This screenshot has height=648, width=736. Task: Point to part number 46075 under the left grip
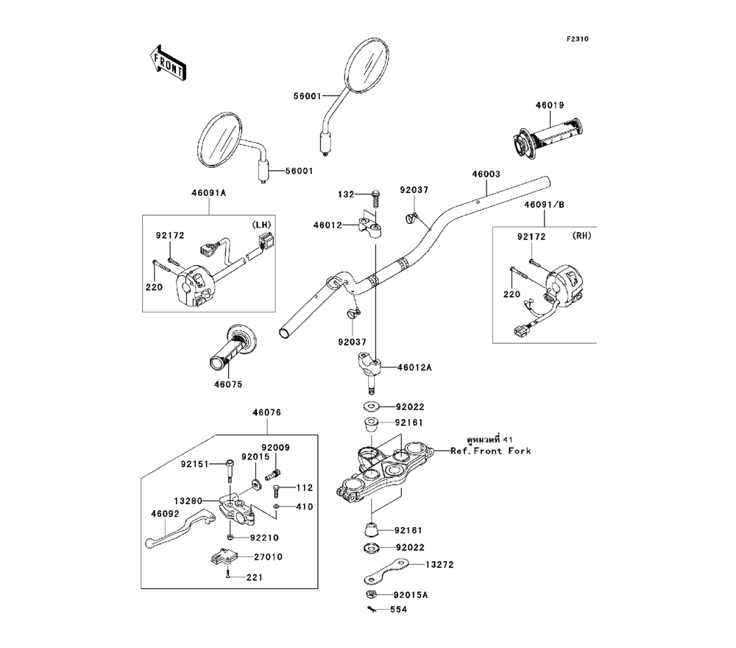pyautogui.click(x=228, y=384)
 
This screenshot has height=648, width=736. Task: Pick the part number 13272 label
pyautogui.click(x=440, y=565)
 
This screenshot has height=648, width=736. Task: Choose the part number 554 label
pyautogui.click(x=398, y=610)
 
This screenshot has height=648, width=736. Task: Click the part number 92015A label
pyautogui.click(x=411, y=594)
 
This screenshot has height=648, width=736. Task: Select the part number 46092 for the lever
pyautogui.click(x=166, y=515)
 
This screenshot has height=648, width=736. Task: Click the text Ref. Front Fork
pyautogui.click(x=491, y=451)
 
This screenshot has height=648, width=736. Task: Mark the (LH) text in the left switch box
pyautogui.click(x=262, y=224)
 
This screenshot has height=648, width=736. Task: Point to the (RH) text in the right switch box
pyautogui.click(x=581, y=236)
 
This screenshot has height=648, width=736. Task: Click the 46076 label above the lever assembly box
pyautogui.click(x=266, y=413)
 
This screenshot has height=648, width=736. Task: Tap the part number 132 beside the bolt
pyautogui.click(x=346, y=194)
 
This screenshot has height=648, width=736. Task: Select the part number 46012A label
pyautogui.click(x=415, y=366)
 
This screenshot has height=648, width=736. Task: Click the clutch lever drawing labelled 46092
pyautogui.click(x=177, y=532)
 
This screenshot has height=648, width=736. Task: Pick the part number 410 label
pyautogui.click(x=305, y=507)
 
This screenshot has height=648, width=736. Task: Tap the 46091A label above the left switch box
pyautogui.click(x=208, y=192)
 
